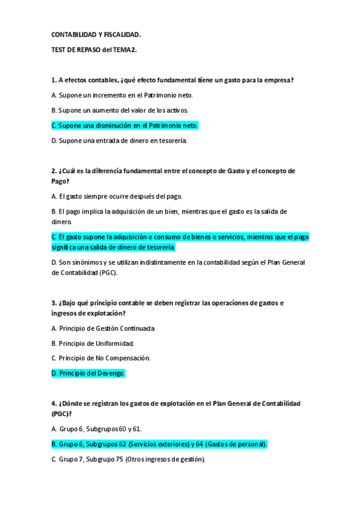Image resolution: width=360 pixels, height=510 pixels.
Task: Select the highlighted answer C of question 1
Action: pyautogui.click(x=124, y=126)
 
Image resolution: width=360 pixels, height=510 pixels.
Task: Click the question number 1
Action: pyautogui.click(x=53, y=80)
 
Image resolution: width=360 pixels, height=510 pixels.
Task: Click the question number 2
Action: pyautogui.click(x=53, y=171)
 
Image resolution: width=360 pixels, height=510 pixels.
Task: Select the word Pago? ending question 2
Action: pyautogui.click(x=60, y=180)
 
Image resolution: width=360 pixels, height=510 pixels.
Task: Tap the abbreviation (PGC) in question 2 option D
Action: pyautogui.click(x=106, y=272)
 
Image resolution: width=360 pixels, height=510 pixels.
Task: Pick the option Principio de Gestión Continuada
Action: pyautogui.click(x=103, y=328)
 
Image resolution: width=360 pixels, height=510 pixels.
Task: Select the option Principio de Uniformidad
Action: pyautogui.click(x=93, y=343)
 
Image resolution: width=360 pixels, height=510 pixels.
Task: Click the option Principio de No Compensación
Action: pyautogui.click(x=100, y=358)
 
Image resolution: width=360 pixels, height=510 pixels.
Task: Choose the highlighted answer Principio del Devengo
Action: pyautogui.click(x=88, y=373)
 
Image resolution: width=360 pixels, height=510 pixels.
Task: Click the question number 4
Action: pyautogui.click(x=53, y=403)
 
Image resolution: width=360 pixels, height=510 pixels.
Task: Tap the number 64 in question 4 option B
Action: pyautogui.click(x=197, y=444)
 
